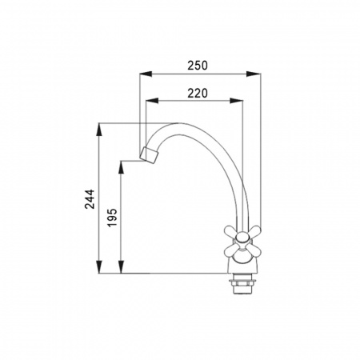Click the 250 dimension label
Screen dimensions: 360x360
[x=198, y=66]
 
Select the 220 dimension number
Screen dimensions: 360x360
[x=198, y=94]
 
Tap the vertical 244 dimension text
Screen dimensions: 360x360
[x=90, y=199]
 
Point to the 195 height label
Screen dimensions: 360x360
[x=112, y=218]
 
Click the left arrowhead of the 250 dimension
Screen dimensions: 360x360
[x=146, y=74]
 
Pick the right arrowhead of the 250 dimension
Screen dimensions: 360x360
[x=254, y=74]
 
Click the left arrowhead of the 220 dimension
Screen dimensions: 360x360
[x=152, y=101]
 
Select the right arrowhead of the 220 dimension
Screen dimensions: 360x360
[x=237, y=101]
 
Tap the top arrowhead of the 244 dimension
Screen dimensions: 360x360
[x=99, y=130]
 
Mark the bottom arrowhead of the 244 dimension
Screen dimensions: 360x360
[x=99, y=266]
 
